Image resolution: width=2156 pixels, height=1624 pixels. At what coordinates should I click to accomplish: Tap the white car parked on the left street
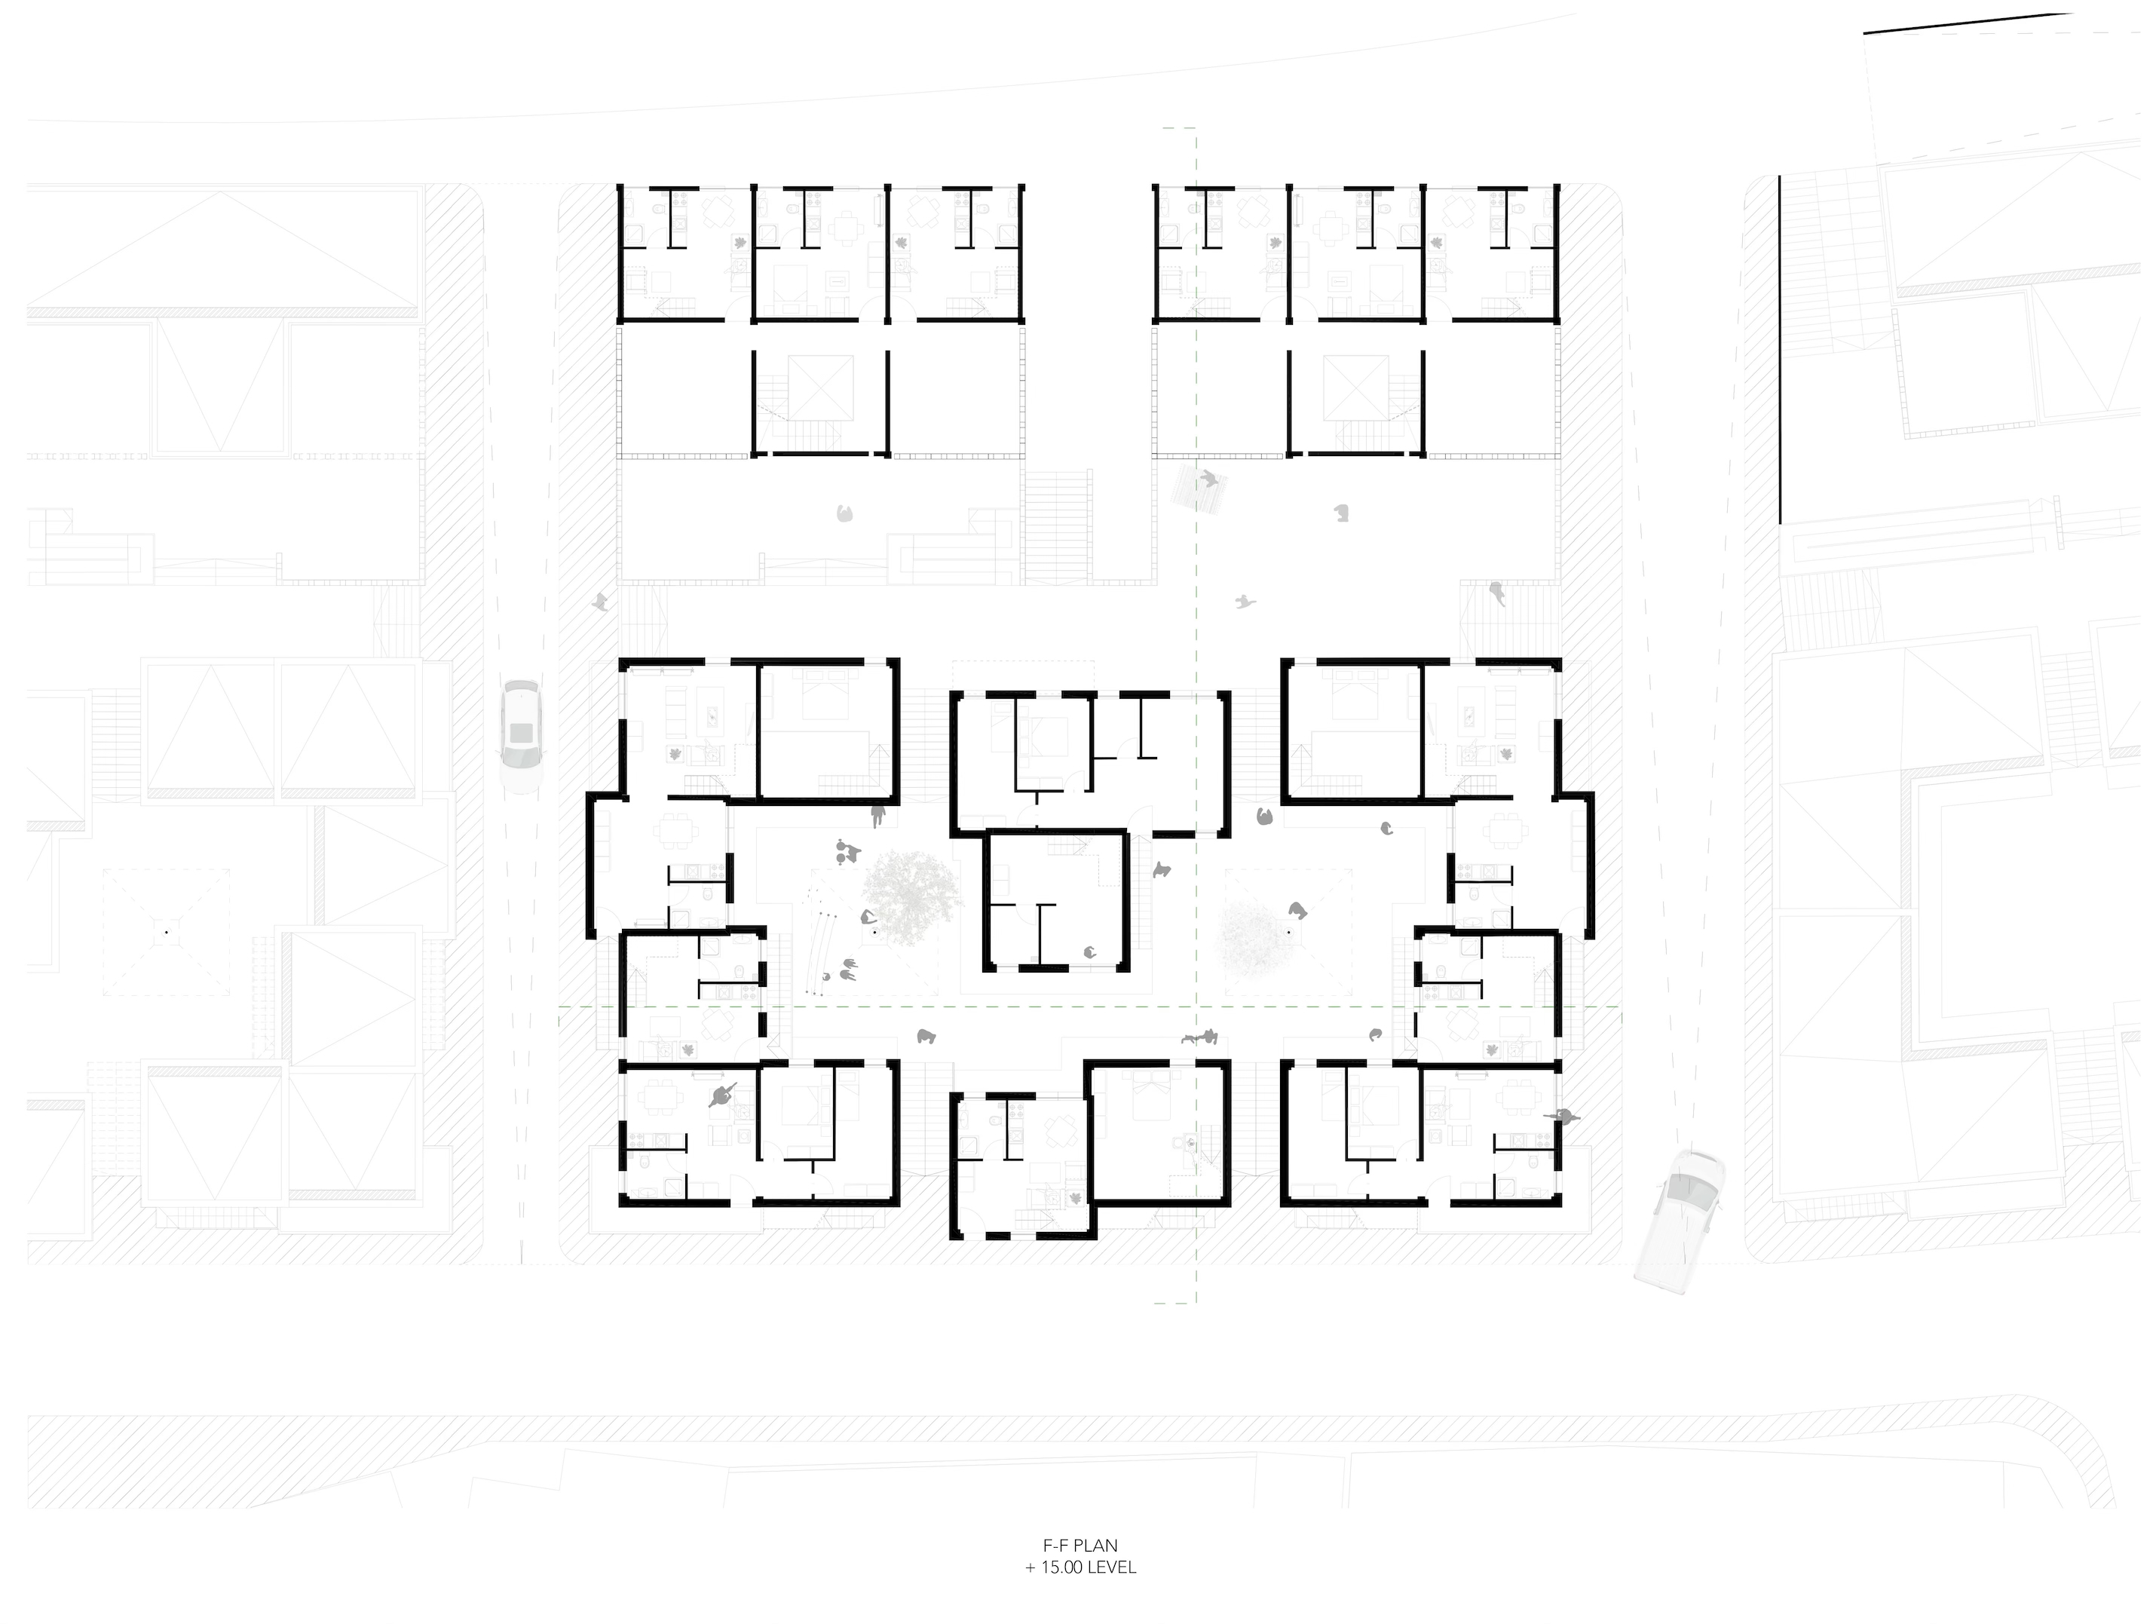pyautogui.click(x=520, y=736)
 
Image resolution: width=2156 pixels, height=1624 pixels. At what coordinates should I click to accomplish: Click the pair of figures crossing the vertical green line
pyautogui.click(x=1200, y=1037)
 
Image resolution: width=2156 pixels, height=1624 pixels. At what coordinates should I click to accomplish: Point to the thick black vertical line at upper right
pyautogui.click(x=1780, y=349)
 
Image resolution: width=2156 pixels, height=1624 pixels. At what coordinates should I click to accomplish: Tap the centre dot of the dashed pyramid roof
pyautogui.click(x=167, y=932)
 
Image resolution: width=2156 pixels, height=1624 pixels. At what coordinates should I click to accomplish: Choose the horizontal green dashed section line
pyautogui.click(x=1089, y=1006)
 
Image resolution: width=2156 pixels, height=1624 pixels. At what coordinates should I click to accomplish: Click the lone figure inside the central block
pyautogui.click(x=1091, y=952)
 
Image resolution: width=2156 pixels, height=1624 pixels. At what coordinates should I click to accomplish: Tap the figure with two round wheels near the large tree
pyautogui.click(x=846, y=851)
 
